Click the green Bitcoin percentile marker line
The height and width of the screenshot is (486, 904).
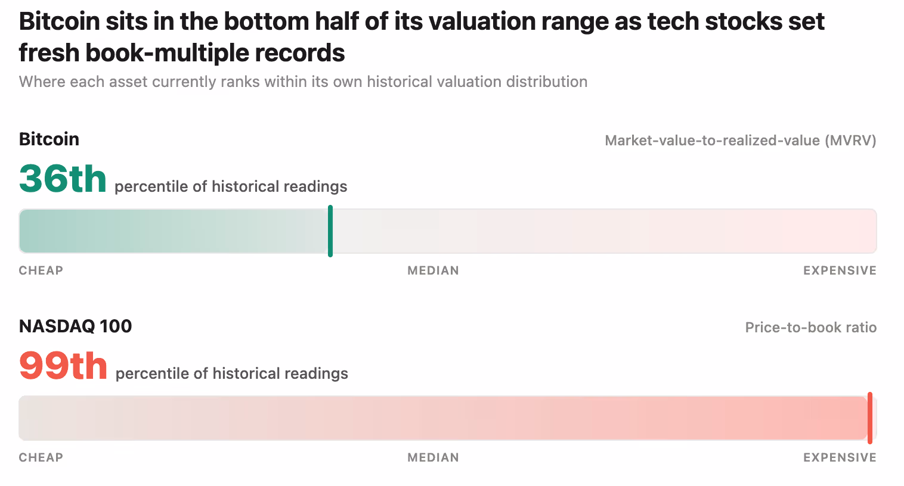[x=330, y=231]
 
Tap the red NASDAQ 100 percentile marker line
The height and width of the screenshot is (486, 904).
[x=869, y=418]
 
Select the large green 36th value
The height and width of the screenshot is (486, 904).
[x=63, y=179]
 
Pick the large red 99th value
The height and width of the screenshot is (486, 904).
[x=63, y=366]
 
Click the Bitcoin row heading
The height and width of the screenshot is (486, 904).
[x=49, y=139]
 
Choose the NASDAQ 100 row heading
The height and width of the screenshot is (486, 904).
[x=76, y=326]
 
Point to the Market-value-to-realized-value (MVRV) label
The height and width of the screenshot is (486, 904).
[x=741, y=141]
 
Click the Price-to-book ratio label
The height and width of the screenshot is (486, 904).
[x=811, y=327]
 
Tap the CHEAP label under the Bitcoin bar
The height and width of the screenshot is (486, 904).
[x=41, y=270]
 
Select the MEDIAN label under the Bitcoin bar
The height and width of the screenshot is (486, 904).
[x=433, y=270]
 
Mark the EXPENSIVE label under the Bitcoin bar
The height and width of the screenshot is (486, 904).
[x=840, y=270]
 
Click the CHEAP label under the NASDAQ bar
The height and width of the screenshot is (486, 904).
[x=41, y=457]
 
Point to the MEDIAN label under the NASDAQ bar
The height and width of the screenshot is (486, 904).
[x=433, y=457]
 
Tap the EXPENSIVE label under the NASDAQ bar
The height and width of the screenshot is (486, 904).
[x=840, y=457]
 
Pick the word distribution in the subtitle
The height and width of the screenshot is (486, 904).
[x=547, y=82]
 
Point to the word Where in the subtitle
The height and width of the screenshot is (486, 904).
[x=42, y=82]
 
